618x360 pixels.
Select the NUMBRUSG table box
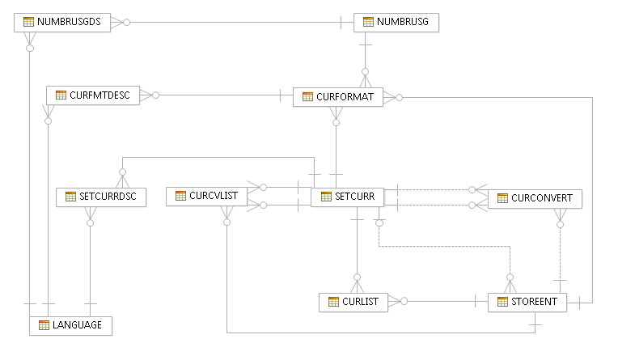[396, 22]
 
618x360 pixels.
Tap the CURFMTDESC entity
[93, 95]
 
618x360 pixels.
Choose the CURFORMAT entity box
[337, 97]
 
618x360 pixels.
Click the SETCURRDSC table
[101, 197]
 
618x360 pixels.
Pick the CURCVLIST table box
[206, 196]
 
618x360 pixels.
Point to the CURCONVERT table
[535, 197]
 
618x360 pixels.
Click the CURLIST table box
[353, 302]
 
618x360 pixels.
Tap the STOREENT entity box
[527, 302]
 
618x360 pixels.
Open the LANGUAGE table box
[70, 325]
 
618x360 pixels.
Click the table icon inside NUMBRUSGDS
[28, 22]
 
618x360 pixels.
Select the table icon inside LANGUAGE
[44, 325]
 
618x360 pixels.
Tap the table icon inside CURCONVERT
[502, 197]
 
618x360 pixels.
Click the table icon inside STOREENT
[502, 302]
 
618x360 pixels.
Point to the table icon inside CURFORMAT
[307, 97]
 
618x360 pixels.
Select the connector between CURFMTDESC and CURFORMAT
[218, 95]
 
